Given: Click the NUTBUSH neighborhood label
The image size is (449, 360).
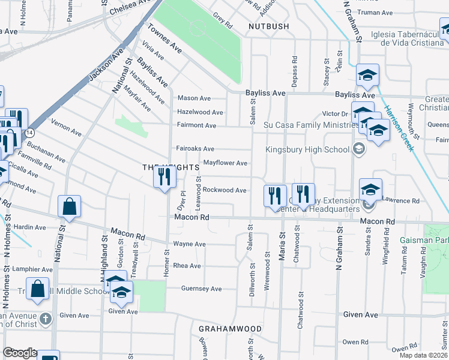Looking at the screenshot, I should (269, 26).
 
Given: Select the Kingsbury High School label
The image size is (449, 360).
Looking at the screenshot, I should (315, 149).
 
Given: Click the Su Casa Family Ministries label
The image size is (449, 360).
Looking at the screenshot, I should (311, 125).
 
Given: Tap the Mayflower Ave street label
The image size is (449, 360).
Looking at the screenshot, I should (225, 163).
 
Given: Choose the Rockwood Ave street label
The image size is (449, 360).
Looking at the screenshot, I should (224, 190).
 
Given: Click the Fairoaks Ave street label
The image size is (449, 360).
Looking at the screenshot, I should (195, 148).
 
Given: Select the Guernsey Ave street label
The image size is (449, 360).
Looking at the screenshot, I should (202, 289).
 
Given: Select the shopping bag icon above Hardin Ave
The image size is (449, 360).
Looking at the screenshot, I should (70, 206).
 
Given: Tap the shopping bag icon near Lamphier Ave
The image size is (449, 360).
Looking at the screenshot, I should (37, 288).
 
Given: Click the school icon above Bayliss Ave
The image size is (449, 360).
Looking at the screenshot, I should (368, 75).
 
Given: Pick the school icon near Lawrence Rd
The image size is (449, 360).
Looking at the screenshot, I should (370, 190).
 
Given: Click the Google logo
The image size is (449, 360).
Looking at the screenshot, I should (20, 353).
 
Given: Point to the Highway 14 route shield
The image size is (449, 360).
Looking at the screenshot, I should (29, 131).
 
